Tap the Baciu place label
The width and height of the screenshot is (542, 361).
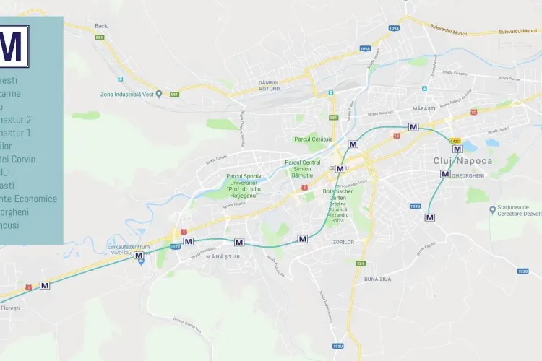[x=101, y=26]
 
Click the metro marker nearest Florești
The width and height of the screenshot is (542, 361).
[x=45, y=285]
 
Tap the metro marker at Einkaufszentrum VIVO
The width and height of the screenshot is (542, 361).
[x=139, y=255]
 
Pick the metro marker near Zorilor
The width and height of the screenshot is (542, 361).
[x=303, y=238]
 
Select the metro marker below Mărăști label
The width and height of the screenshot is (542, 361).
[x=413, y=126]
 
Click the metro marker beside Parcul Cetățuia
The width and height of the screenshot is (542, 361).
[x=353, y=144]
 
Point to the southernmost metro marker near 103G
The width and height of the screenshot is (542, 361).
[x=430, y=217]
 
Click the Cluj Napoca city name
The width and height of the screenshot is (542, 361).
[x=463, y=160]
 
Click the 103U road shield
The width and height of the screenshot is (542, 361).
[x=337, y=346]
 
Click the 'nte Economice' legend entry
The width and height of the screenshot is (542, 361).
[x=29, y=199]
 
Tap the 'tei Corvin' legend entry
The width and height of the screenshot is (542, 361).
[x=19, y=159]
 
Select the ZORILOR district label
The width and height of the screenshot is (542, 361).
[x=344, y=242]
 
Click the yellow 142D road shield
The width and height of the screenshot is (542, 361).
[x=455, y=140]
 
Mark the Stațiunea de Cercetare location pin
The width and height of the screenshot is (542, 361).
[x=492, y=210]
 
